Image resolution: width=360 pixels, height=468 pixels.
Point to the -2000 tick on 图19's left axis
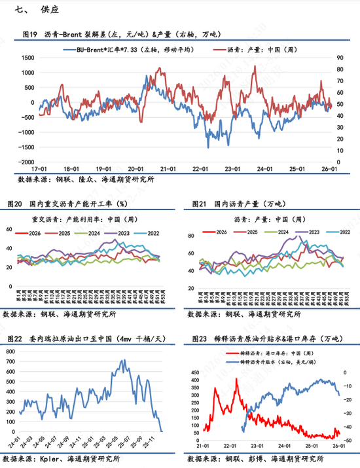click(x=26, y=162)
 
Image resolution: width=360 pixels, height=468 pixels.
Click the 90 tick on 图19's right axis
click(x=340, y=58)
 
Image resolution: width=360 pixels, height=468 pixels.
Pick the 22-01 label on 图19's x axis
click(x=200, y=168)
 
